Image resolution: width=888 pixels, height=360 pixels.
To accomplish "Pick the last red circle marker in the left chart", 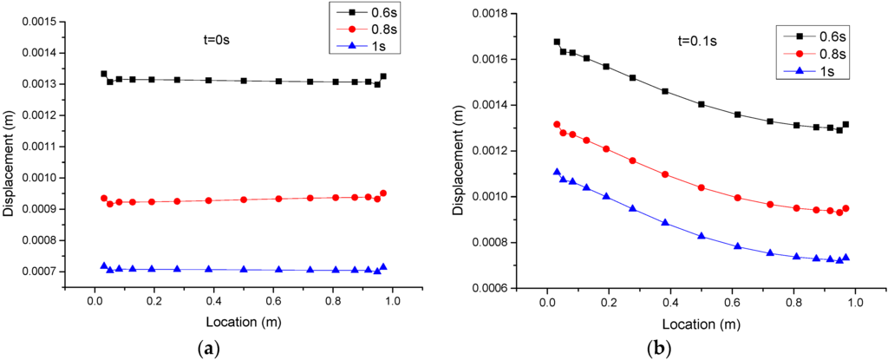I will coord(383,193).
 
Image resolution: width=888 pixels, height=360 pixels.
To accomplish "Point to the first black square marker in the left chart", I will coord(104,74).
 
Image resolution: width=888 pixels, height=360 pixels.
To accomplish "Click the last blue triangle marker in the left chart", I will coord(383,267).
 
